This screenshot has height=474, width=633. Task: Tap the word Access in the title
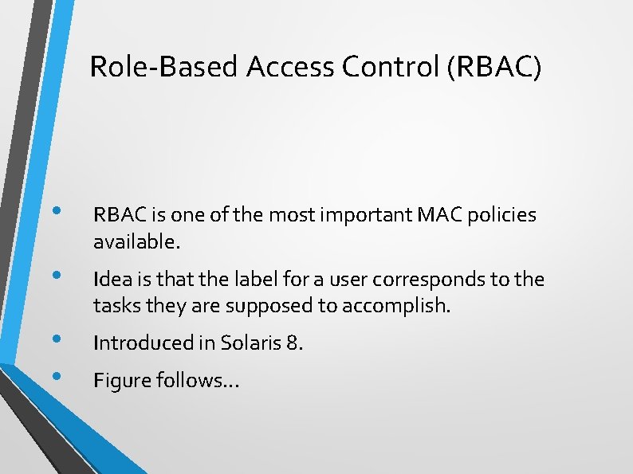pos(290,68)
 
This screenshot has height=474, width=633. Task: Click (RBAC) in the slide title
pos(495,68)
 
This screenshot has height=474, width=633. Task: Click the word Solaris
pos(246,343)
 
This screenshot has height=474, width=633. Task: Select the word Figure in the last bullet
pos(118,381)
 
